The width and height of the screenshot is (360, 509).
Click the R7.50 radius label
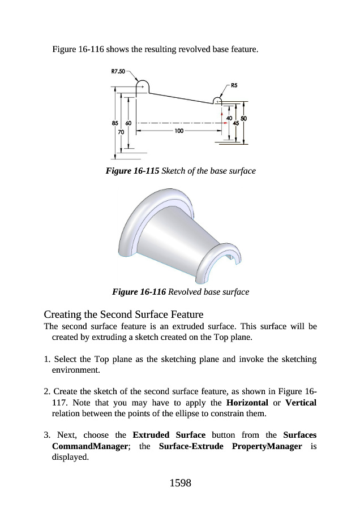pyautogui.click(x=118, y=72)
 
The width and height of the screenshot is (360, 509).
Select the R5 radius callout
pyautogui.click(x=234, y=85)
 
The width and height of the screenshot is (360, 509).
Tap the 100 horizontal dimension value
pyautogui.click(x=179, y=131)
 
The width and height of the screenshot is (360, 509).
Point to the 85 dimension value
pyautogui.click(x=115, y=122)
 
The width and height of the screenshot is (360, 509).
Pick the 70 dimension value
pyautogui.click(x=121, y=131)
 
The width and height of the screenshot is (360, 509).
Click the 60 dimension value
pyautogui.click(x=128, y=122)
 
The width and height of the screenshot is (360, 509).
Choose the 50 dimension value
pyautogui.click(x=244, y=118)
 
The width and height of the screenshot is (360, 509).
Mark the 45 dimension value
pyautogui.click(x=236, y=123)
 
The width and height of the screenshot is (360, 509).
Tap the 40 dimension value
pyautogui.click(x=229, y=118)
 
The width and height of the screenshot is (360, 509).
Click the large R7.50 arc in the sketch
pyautogui.click(x=143, y=83)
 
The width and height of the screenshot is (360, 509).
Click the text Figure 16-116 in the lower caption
pyautogui.click(x=139, y=292)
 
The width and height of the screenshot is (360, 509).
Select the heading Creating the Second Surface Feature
pyautogui.click(x=124, y=314)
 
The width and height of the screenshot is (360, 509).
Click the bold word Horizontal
pyautogui.click(x=247, y=403)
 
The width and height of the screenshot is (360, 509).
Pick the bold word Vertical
pyautogui.click(x=301, y=403)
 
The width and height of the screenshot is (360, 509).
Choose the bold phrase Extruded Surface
pyautogui.click(x=169, y=435)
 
